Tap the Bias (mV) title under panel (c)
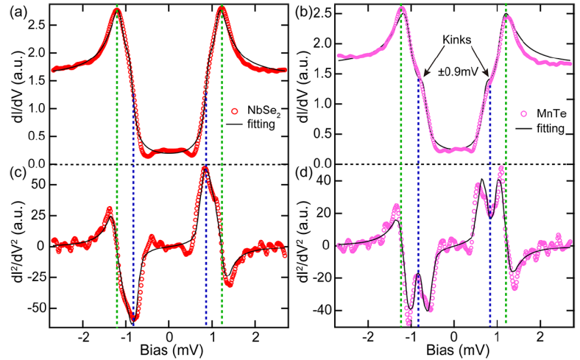(169, 352)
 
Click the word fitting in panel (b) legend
(548, 129)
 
